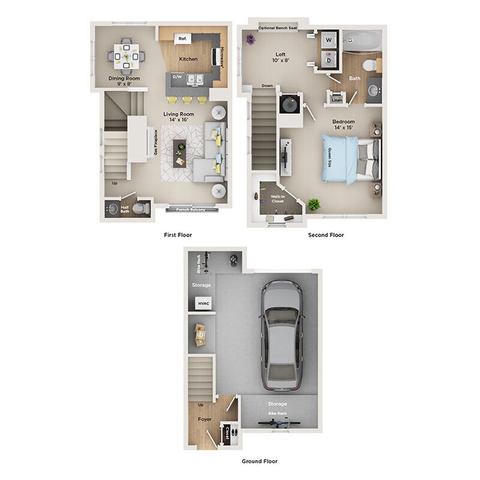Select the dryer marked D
[x=329, y=60]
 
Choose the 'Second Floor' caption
[x=326, y=235]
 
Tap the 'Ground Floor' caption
[x=259, y=461]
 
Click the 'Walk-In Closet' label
[x=277, y=199]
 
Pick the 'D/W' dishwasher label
[x=177, y=77]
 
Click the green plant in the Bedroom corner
[x=313, y=204]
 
